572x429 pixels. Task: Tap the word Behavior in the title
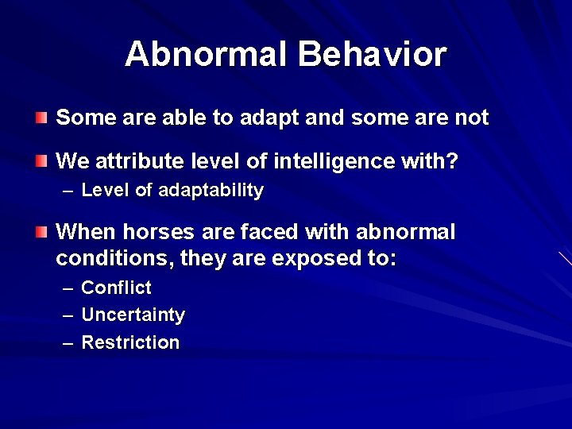click(372, 55)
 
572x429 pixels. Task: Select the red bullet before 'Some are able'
click(41, 118)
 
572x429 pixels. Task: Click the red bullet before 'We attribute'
click(41, 162)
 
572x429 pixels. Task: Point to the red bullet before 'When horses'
click(41, 232)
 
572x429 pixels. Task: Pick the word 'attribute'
click(140, 162)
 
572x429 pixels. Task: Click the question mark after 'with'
click(453, 162)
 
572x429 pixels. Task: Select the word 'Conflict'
click(116, 288)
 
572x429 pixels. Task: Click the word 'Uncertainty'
click(133, 315)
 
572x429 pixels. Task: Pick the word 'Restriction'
click(130, 342)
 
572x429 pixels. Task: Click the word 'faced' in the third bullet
click(263, 232)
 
